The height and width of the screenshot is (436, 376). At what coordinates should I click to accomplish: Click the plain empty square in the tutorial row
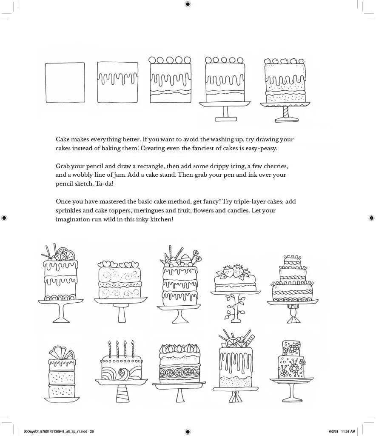(x=65, y=83)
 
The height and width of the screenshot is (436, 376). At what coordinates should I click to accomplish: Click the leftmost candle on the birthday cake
(x=109, y=349)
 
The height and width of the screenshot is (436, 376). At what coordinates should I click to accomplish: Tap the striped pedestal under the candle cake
(x=120, y=392)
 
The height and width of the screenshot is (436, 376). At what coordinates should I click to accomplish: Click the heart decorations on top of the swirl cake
(x=119, y=264)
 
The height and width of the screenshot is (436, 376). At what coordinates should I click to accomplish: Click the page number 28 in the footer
(x=91, y=431)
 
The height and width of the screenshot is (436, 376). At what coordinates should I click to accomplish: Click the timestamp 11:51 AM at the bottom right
(x=348, y=431)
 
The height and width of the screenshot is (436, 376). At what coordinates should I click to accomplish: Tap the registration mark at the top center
(x=188, y=4)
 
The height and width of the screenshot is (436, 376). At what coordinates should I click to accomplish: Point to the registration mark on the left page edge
(x=4, y=218)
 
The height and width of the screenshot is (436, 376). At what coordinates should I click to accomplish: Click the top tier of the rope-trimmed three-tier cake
(x=293, y=260)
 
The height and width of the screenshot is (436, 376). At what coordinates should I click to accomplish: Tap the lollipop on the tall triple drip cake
(x=197, y=253)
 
